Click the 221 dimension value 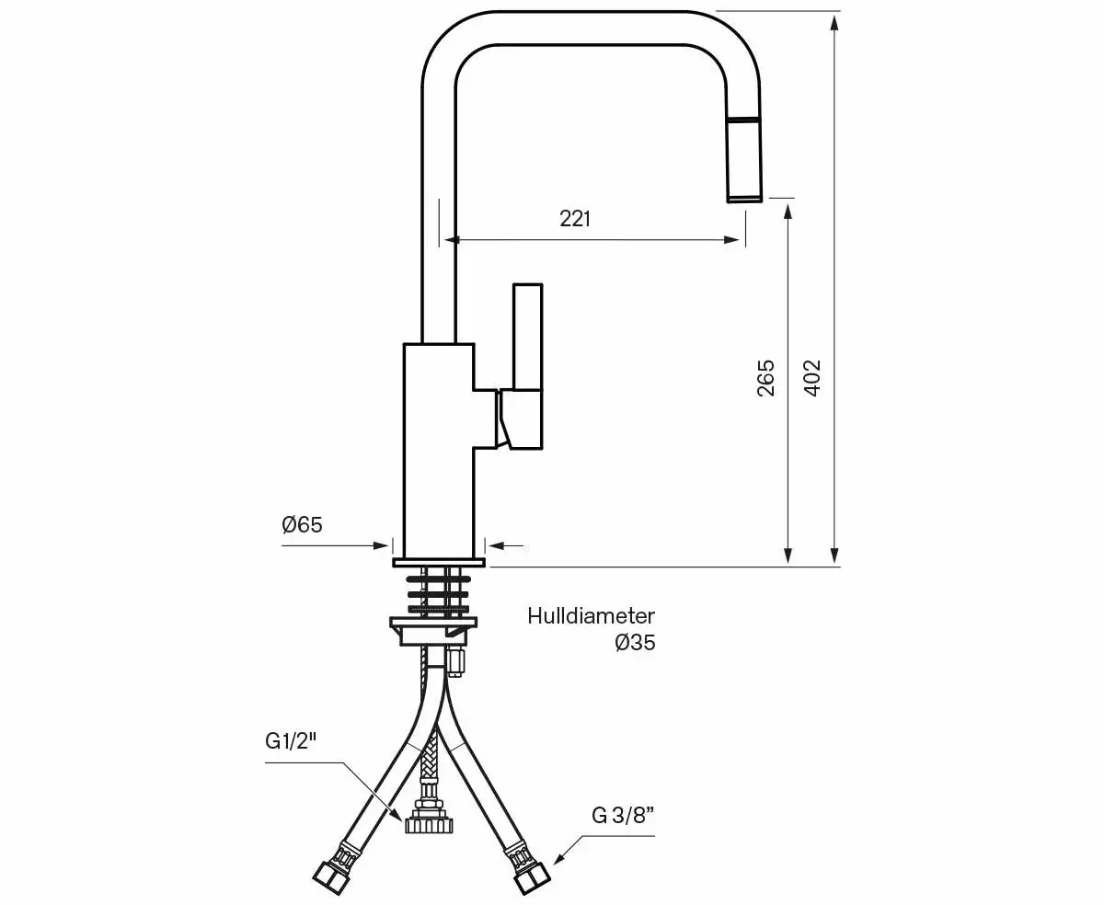[575, 219]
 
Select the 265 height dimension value [765, 377]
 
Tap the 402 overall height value [811, 377]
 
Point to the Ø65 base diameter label [302, 525]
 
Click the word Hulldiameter [591, 616]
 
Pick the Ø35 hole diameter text [635, 643]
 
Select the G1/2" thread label [290, 741]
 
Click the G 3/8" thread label [623, 815]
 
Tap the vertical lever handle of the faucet [527, 337]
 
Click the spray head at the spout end [744, 160]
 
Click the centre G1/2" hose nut [428, 821]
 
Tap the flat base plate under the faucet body [438, 561]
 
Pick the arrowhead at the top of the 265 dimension [788, 211]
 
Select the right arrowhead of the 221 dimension [732, 240]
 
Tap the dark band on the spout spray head [744, 120]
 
